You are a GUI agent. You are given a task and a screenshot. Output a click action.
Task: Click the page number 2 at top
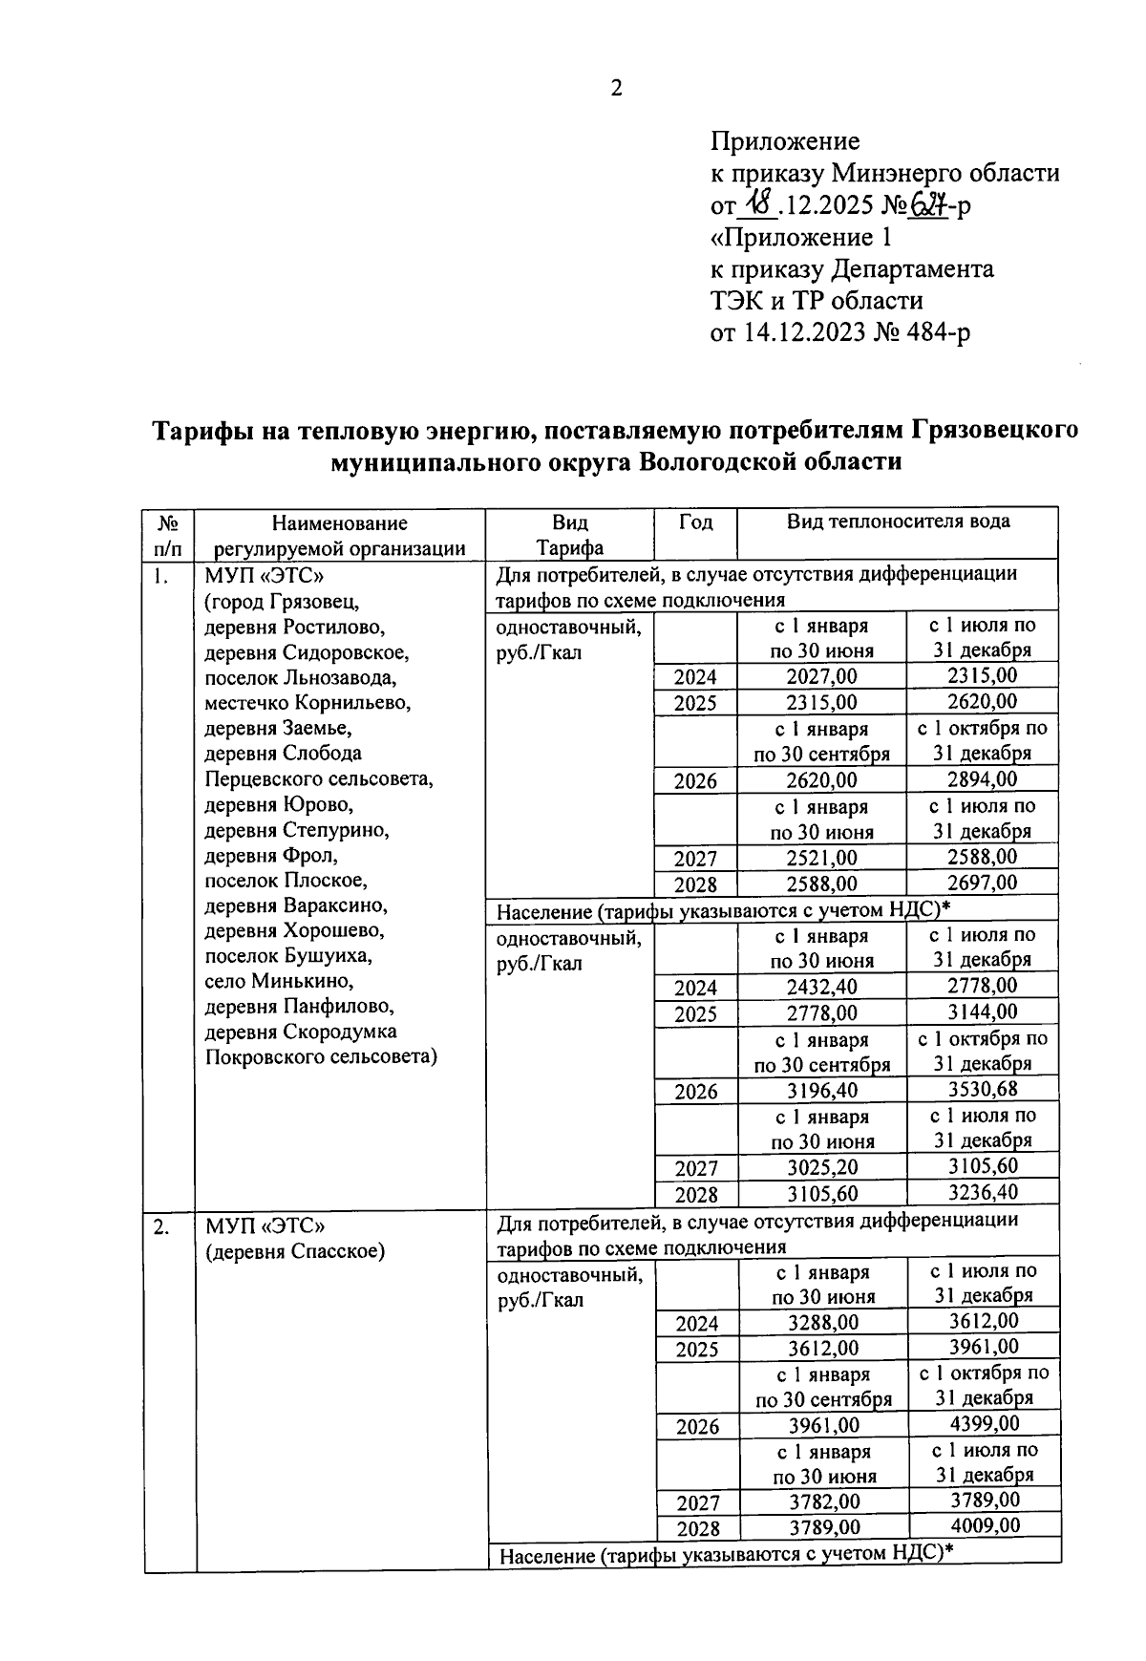tap(616, 89)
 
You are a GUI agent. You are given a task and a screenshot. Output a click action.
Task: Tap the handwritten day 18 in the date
tap(760, 203)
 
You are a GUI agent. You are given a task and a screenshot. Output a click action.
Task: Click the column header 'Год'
tap(695, 522)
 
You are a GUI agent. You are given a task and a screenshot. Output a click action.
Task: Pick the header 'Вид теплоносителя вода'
tap(898, 522)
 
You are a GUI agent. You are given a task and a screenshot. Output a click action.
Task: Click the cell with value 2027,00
tap(821, 676)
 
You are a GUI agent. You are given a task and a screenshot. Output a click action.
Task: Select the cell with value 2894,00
tap(983, 779)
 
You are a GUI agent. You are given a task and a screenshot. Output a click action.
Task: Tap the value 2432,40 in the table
tap(821, 987)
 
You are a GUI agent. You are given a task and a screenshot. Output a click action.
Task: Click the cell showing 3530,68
tap(983, 1089)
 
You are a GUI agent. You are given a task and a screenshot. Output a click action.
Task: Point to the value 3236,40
tap(983, 1192)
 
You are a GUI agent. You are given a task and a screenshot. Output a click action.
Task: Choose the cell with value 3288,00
tap(822, 1323)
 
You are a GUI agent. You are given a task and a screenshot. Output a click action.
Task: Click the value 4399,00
tap(984, 1424)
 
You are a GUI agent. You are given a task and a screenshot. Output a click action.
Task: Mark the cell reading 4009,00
tap(984, 1525)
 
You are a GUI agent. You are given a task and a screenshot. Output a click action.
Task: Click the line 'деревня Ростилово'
tap(294, 628)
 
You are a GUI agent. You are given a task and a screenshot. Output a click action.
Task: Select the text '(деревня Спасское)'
tap(295, 1251)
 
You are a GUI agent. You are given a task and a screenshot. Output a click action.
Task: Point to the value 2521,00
tap(821, 858)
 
